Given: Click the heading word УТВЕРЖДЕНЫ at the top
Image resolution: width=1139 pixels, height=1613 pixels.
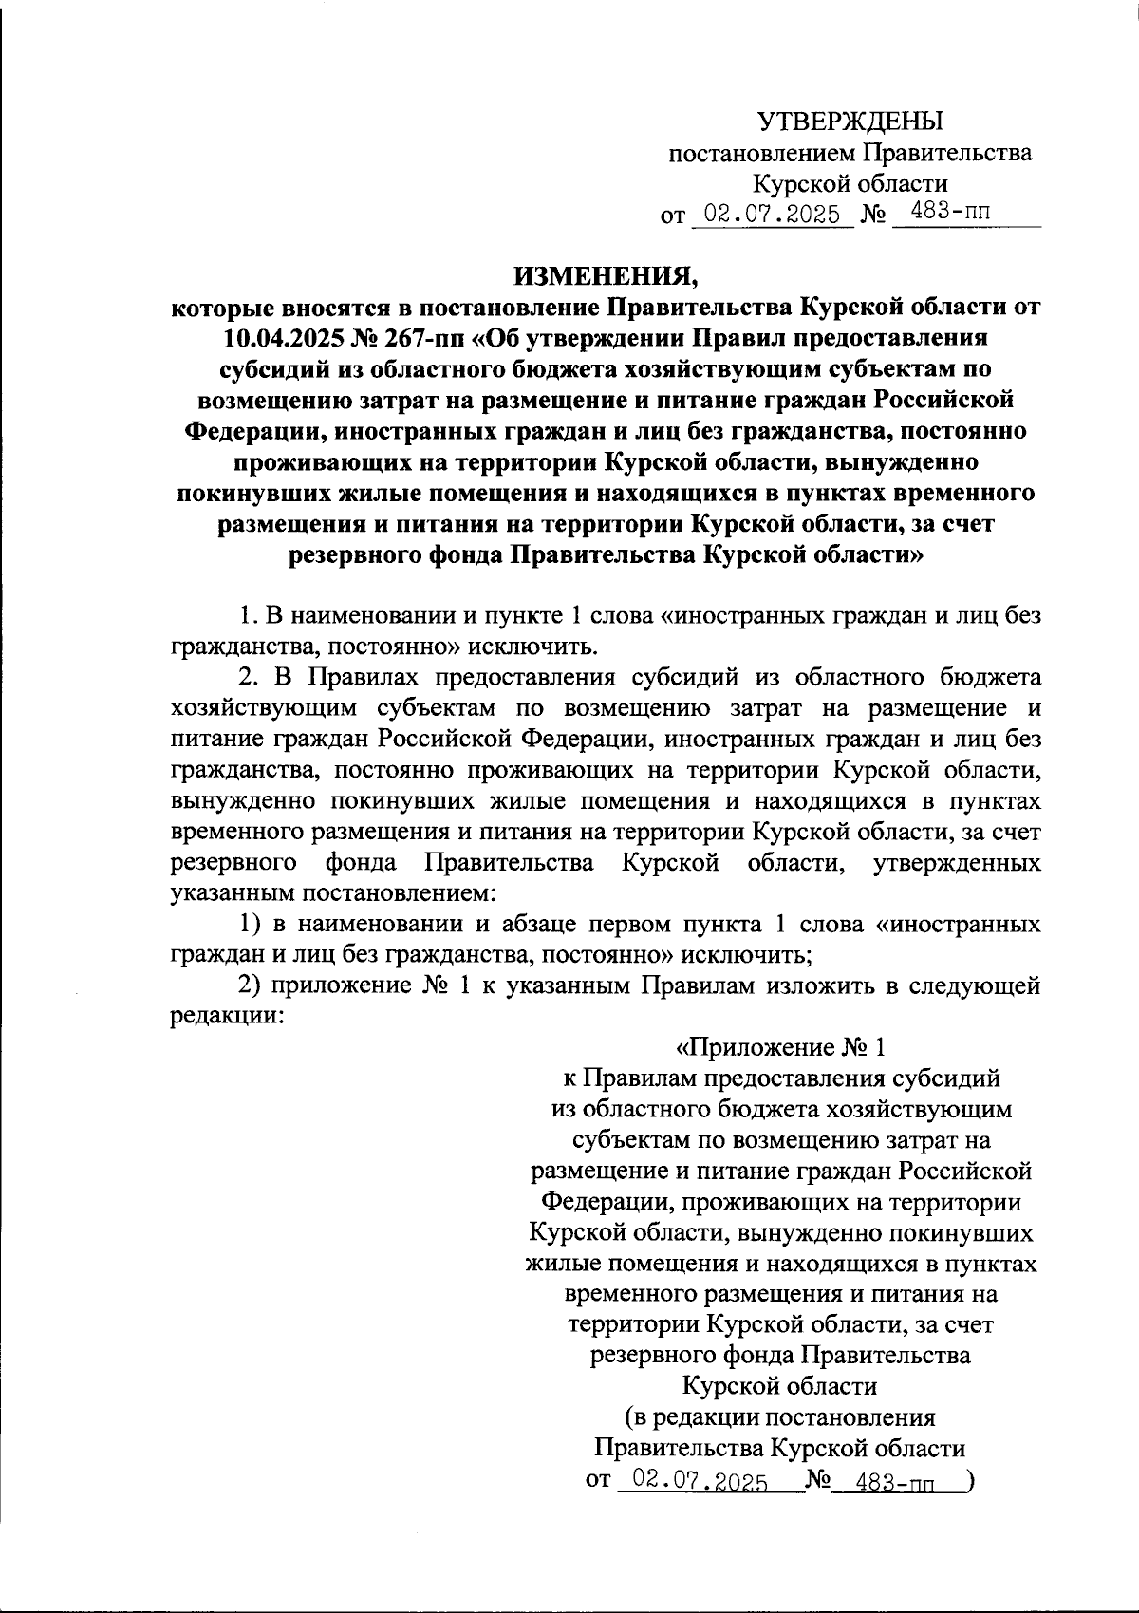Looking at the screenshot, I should click(x=850, y=122).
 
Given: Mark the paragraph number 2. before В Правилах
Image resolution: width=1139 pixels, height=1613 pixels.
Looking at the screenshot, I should click(x=248, y=677).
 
